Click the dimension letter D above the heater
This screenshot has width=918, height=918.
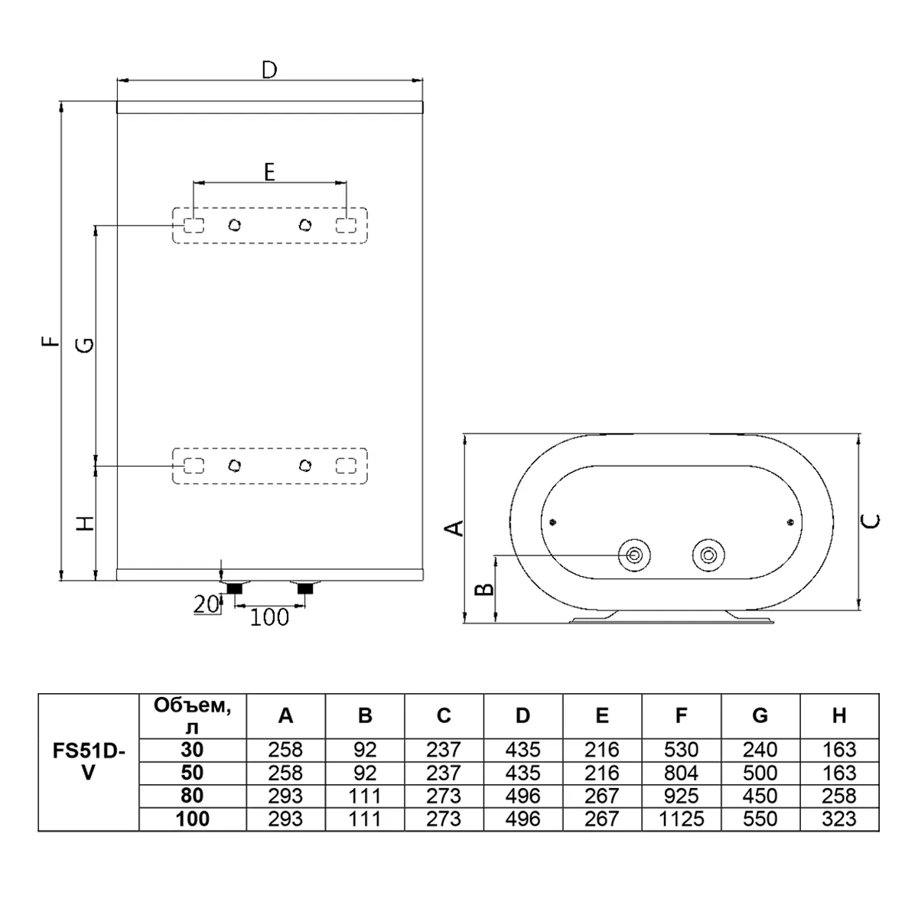(x=269, y=70)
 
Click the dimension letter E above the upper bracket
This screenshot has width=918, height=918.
(x=269, y=171)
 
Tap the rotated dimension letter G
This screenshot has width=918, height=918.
(x=86, y=344)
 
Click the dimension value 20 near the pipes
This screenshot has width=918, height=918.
(x=206, y=604)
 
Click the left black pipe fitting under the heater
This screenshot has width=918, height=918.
(x=234, y=588)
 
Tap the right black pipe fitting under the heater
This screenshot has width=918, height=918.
(x=305, y=588)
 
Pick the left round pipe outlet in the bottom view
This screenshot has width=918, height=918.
(x=634, y=555)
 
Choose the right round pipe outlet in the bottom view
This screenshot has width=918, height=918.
(x=708, y=555)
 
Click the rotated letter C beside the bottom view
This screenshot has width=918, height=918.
(x=871, y=522)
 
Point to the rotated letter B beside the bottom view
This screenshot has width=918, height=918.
(x=484, y=589)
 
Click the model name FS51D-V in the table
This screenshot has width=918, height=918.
(x=89, y=762)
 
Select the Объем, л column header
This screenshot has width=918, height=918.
(x=193, y=716)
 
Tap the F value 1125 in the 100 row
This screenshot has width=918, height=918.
(x=682, y=819)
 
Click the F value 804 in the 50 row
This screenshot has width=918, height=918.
(x=682, y=773)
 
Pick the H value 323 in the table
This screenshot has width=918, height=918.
(x=839, y=819)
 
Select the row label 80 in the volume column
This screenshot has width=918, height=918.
(x=193, y=796)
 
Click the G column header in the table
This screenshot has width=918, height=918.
(x=760, y=715)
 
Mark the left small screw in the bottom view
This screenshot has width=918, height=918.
(x=552, y=522)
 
